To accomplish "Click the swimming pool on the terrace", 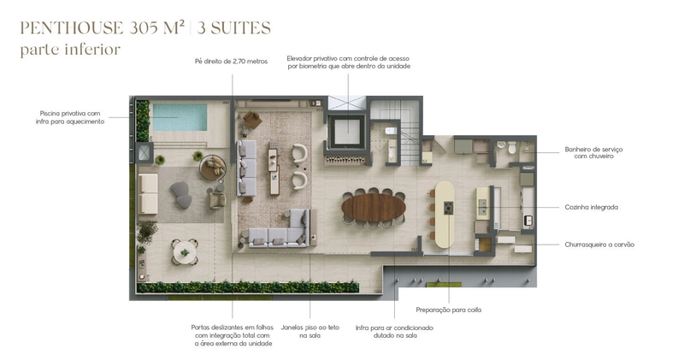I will pos(177,115).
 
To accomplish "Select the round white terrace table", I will pos(182,251).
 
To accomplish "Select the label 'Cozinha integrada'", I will pos(591,207).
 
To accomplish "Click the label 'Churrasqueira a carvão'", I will pos(598,245).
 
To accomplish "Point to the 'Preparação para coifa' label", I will pos(449,310).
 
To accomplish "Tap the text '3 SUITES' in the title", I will pos(233,27).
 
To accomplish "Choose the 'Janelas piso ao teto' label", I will pos(310,332).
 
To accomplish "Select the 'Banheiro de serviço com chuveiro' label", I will pos(593,152).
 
